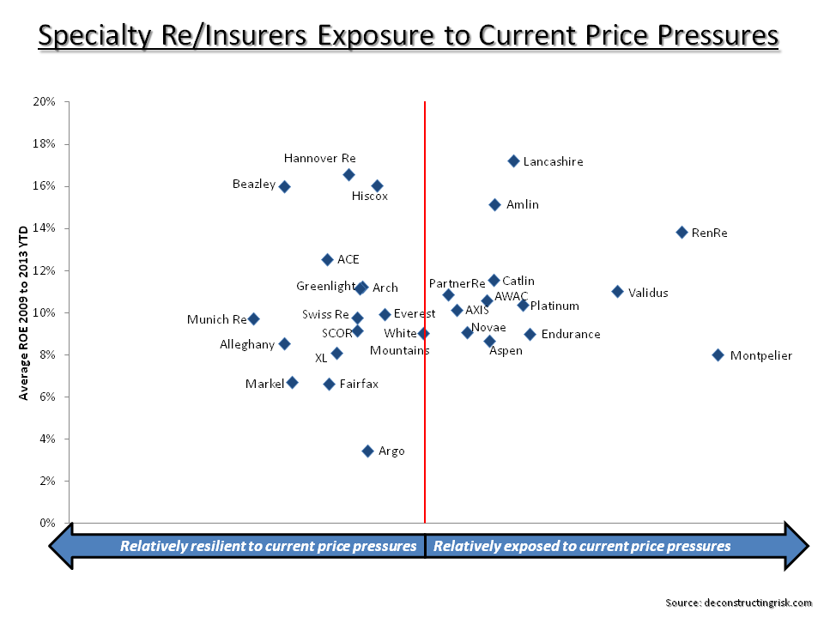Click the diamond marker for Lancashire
pos(513,161)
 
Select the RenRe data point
pos(682,232)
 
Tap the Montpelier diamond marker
pos(718,354)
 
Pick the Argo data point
pos(367,451)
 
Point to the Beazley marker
pos(284,186)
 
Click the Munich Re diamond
pos(253,318)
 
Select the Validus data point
pos(617,292)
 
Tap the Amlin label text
pos(522,205)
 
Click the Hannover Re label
pos(319,158)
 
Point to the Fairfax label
pos(358,384)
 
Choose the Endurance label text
pos(570,334)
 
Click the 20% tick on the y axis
pos(45,102)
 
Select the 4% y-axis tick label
pos(47,439)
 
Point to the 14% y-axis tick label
pos(45,228)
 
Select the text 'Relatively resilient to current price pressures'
pos(268,546)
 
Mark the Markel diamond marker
pos(292,382)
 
